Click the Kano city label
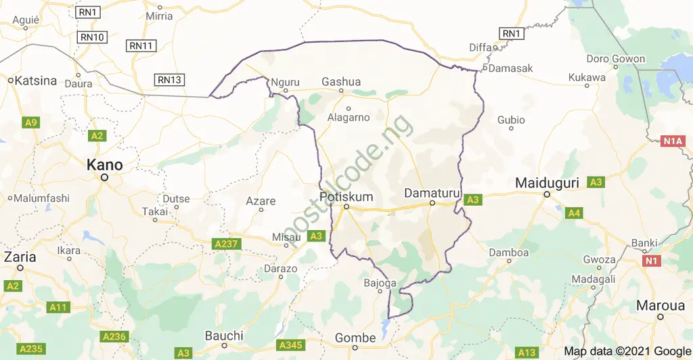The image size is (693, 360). [x=104, y=165]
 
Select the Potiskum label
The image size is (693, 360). [x=345, y=196]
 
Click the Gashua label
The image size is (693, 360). [x=341, y=82]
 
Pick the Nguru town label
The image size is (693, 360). [x=284, y=83]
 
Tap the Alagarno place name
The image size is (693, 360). [x=349, y=117]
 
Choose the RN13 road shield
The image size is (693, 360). [x=169, y=80]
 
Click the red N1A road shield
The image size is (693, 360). [x=673, y=141]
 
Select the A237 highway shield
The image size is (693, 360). [x=227, y=243]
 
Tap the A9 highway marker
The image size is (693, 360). [x=30, y=122]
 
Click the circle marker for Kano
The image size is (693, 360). [x=104, y=178]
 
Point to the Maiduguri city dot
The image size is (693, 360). [x=547, y=196]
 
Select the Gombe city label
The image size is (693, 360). [x=355, y=338]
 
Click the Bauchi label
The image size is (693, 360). [x=224, y=336]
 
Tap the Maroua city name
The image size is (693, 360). [x=661, y=306]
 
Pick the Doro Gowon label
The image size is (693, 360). [x=615, y=59]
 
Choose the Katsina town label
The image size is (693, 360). [x=36, y=81]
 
